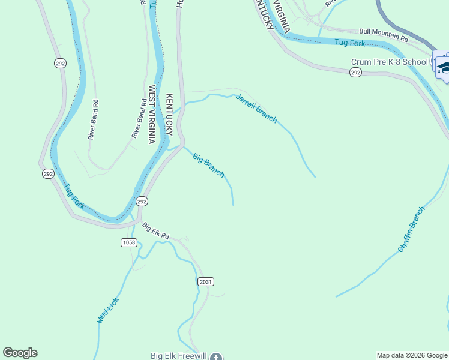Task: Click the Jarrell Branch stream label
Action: pyautogui.click(x=256, y=109)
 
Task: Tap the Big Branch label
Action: pyautogui.click(x=208, y=166)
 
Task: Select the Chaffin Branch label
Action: pyautogui.click(x=411, y=229)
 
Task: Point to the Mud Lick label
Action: pyautogui.click(x=108, y=311)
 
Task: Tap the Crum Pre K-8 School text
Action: pyautogui.click(x=390, y=62)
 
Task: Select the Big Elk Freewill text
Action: pyautogui.click(x=179, y=356)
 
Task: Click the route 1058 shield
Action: pyautogui.click(x=128, y=242)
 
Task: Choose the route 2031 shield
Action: pyautogui.click(x=205, y=281)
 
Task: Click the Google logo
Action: pyautogui.click(x=20, y=353)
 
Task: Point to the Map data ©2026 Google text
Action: pyautogui.click(x=412, y=356)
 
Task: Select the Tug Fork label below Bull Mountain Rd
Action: pyautogui.click(x=350, y=43)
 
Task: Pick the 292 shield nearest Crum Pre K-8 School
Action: pyautogui.click(x=355, y=73)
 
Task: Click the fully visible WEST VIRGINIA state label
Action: pyautogui.click(x=152, y=115)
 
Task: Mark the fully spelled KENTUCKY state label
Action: pyautogui.click(x=169, y=115)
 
